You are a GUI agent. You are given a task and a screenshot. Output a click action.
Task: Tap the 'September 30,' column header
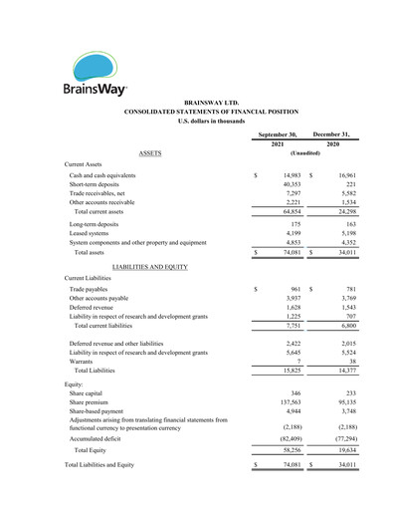coord(278,133)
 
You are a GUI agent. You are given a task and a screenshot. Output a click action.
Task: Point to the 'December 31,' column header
coord(332,133)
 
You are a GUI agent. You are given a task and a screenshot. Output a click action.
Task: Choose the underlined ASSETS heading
coord(153,153)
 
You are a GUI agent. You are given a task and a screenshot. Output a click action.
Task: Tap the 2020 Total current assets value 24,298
coord(341,212)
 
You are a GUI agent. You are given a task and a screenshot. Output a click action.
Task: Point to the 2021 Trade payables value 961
coord(295,289)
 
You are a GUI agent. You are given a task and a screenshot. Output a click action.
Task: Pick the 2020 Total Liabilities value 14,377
coord(341,371)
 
